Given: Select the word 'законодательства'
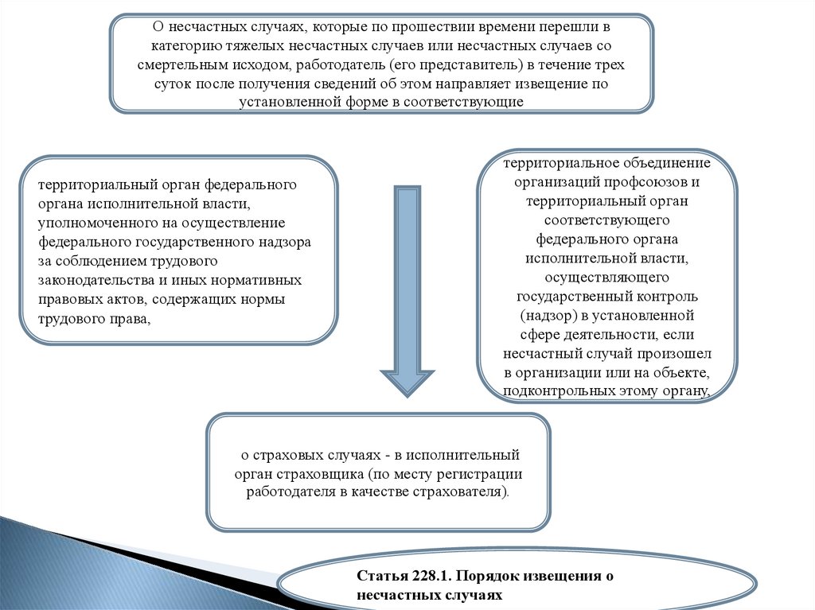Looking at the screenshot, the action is point(90,280).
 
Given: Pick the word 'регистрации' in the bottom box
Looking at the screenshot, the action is point(486,474).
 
